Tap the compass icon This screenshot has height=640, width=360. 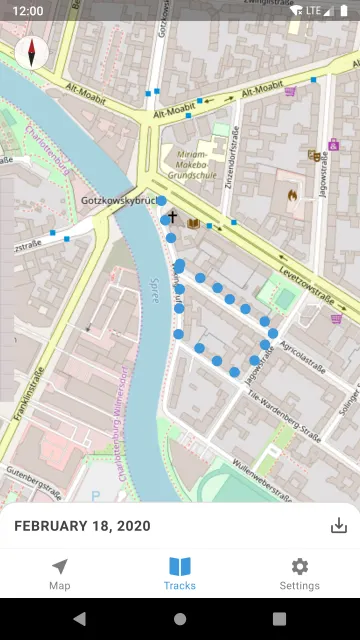point(32,51)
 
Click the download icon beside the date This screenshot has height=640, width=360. point(338,526)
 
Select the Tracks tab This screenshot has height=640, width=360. point(180,574)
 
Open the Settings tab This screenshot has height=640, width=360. point(299,574)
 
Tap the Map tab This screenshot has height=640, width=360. point(60,574)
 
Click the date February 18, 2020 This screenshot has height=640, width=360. point(82,526)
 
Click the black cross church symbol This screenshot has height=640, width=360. point(172,216)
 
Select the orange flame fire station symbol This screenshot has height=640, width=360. point(292,196)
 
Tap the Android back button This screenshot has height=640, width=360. point(80,619)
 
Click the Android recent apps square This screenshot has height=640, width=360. point(279,619)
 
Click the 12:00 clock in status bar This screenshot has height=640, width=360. point(28,10)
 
